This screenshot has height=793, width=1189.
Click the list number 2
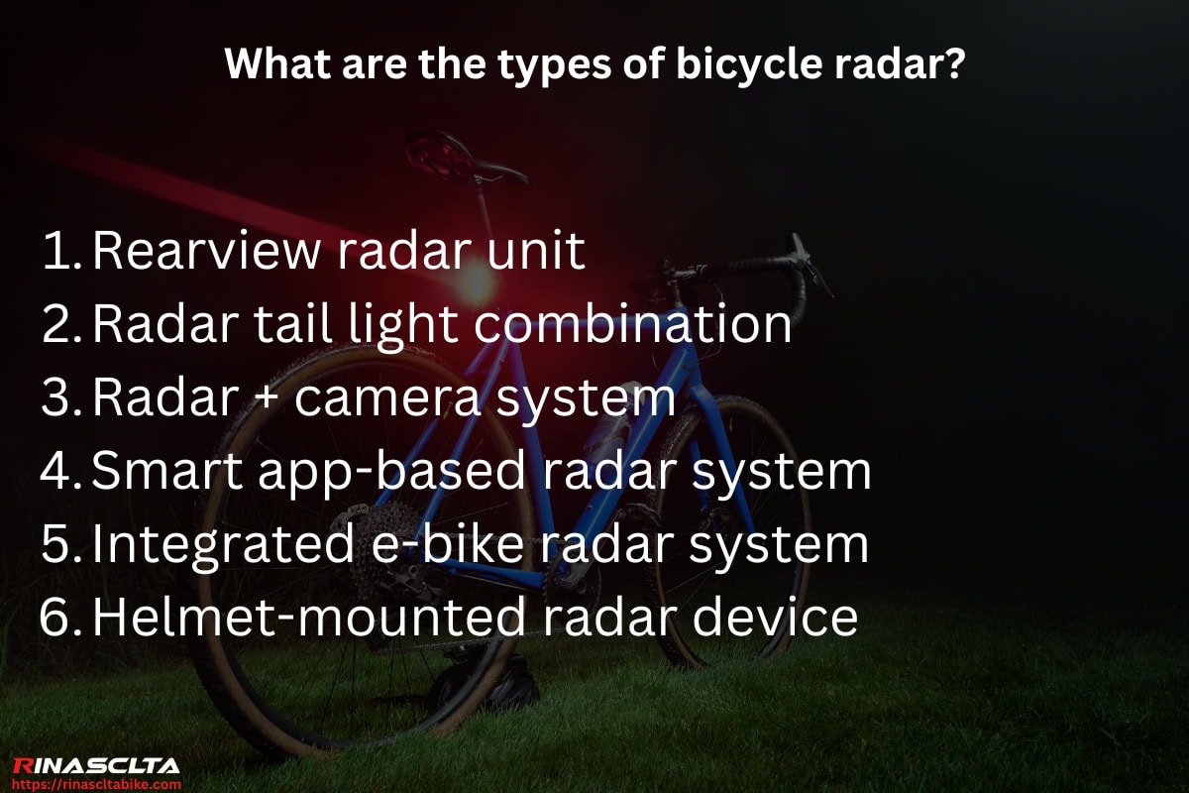point(61,325)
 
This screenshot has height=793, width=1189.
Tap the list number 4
point(61,472)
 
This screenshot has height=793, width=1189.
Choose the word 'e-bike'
point(440,545)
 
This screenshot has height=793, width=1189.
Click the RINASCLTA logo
point(96,765)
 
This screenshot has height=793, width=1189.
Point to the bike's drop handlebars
point(783,263)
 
